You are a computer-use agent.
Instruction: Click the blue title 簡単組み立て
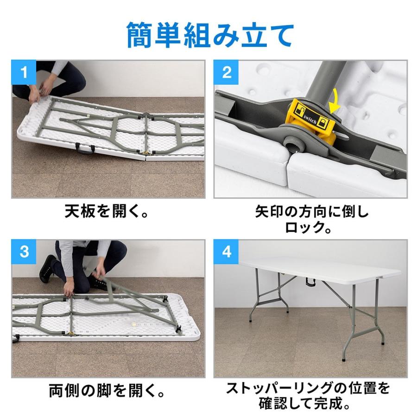[x=210, y=35]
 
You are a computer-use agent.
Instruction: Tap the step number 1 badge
[x=24, y=72]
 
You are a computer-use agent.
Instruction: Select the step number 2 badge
[x=226, y=72]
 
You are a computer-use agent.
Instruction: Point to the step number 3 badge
[x=24, y=252]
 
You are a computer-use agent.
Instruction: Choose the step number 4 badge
[x=226, y=252]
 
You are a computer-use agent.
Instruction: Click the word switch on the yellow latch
[x=310, y=119]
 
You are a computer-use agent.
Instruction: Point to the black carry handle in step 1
[x=85, y=148]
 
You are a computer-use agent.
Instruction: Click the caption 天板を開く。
[x=107, y=212]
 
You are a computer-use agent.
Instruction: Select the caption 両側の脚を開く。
[x=107, y=391]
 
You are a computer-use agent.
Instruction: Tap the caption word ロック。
[x=308, y=227]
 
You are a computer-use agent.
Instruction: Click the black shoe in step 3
[x=48, y=268]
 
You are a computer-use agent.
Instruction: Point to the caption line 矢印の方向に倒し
[x=311, y=212]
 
